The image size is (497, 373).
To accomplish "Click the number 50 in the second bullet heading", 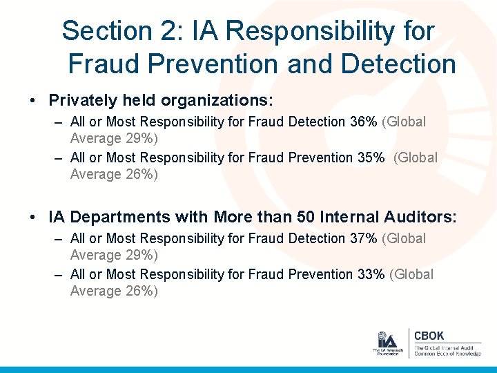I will [x=307, y=217].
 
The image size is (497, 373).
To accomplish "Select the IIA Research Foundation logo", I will [x=387, y=343].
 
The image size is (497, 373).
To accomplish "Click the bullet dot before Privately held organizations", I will [x=33, y=101].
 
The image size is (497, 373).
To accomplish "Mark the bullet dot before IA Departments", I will [x=33, y=218].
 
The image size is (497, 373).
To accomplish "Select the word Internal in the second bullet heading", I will [x=358, y=217].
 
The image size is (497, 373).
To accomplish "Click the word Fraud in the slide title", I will [x=101, y=64].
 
